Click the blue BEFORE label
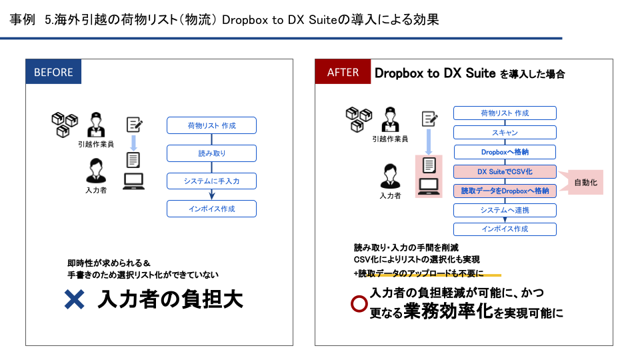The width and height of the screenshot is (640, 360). [x=53, y=72]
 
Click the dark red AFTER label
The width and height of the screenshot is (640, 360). [x=343, y=72]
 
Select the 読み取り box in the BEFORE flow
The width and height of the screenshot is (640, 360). [x=211, y=153]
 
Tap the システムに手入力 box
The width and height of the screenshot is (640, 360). [x=211, y=181]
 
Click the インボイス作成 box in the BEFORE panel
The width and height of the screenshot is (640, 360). [x=211, y=209]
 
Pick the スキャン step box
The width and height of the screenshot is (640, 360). [x=505, y=133]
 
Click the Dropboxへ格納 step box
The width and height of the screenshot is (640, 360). [x=505, y=152]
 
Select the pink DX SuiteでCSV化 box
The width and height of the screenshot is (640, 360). [x=505, y=171]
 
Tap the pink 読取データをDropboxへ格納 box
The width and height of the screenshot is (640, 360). [x=505, y=191]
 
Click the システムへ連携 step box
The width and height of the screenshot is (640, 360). [x=505, y=210]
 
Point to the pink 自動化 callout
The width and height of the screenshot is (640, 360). [x=585, y=181]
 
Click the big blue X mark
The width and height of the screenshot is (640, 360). [x=74, y=299]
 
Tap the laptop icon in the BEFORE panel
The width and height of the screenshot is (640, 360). [x=134, y=181]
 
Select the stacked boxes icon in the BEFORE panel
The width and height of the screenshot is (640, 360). [x=65, y=123]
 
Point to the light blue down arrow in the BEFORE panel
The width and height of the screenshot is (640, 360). [x=134, y=142]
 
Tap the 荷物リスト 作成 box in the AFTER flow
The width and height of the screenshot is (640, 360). [x=505, y=113]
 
